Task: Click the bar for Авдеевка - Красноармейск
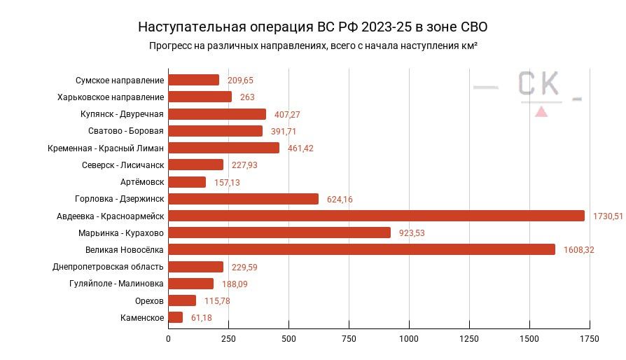[x=376, y=216]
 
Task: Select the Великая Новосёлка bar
[x=361, y=249]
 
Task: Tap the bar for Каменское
[x=176, y=317]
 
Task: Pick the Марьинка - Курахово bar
[x=279, y=233]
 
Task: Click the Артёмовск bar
[x=187, y=182]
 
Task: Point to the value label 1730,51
[x=607, y=216]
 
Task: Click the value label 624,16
[x=340, y=200]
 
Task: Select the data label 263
[x=247, y=97]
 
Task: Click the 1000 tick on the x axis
[x=409, y=339]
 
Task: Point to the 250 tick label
[x=228, y=339]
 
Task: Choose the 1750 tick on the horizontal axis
[x=590, y=339]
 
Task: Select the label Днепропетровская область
[x=108, y=267]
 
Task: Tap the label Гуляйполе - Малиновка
[x=116, y=284]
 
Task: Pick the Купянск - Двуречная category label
[x=122, y=114]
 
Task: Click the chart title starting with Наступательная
[x=312, y=27]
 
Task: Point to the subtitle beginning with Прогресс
[x=313, y=46]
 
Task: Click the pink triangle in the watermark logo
[x=541, y=111]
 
